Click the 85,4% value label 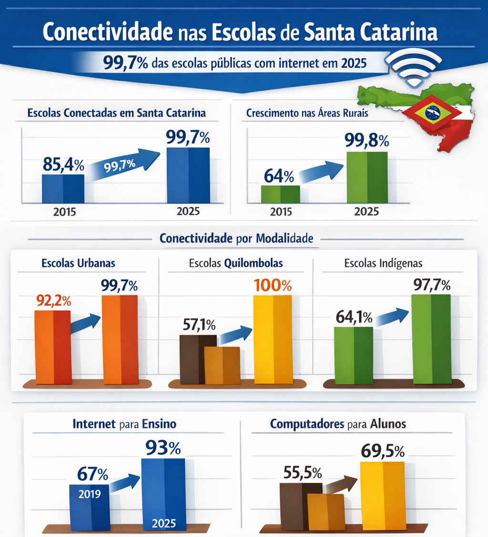coord(63,165)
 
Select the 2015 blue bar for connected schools coord(63,189)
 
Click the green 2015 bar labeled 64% coord(281,194)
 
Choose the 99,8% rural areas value coord(366,140)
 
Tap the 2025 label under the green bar coord(366,212)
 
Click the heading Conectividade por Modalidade coord(236,238)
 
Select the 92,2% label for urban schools coord(53,301)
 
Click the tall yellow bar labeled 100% coord(273,339)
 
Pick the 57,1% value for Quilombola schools coord(199,324)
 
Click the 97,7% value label coord(432,285)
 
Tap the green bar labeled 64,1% coord(354,355)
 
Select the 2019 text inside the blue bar coord(90,494)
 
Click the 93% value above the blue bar coord(163,447)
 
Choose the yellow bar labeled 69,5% coord(383,496)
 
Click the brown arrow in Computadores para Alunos coord(341,484)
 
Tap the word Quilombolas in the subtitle coord(254,263)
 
